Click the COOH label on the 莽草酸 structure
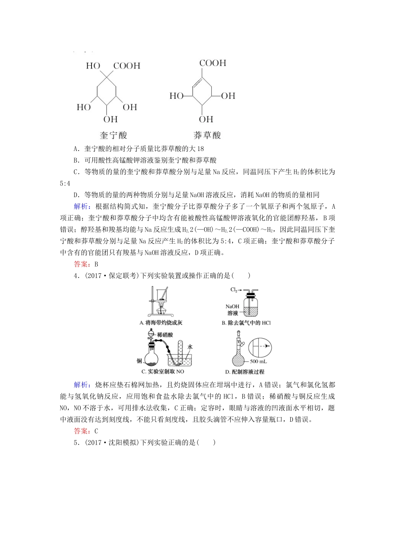212,63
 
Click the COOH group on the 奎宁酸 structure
126,66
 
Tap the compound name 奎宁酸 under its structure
113,135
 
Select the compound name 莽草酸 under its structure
207,135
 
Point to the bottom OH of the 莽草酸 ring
206,120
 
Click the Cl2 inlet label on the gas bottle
234,290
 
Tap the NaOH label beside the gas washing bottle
232,307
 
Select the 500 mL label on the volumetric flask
258,361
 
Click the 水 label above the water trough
190,346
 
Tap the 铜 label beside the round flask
139,361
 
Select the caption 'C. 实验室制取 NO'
163,371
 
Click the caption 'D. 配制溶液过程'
244,372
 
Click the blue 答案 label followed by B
80,264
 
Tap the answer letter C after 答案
96,431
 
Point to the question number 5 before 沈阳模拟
76,443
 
